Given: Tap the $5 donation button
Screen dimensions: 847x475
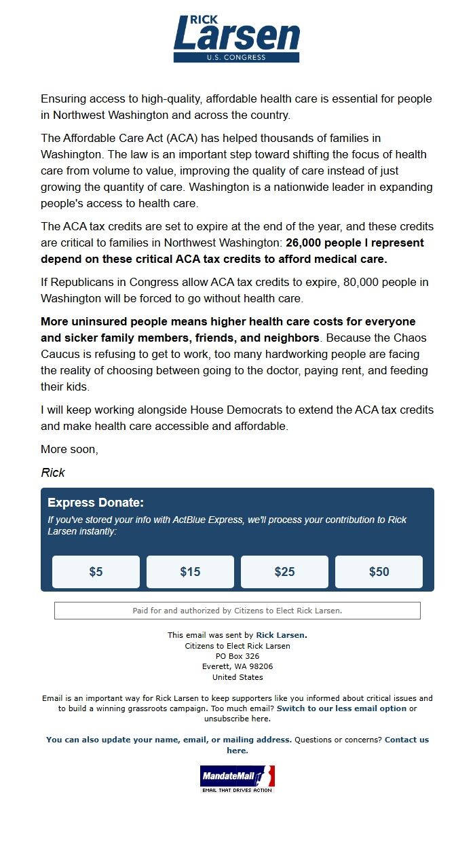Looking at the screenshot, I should pos(96,572).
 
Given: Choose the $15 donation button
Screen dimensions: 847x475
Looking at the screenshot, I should pos(190,572).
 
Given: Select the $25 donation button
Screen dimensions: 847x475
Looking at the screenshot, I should pos(284,572).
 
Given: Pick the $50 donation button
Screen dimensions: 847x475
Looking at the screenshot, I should pos(379,572).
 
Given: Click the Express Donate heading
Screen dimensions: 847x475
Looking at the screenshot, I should pos(96,503).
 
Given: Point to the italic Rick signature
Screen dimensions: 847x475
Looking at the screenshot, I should pos(53,473).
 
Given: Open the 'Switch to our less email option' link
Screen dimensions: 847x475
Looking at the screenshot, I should pos(341,708).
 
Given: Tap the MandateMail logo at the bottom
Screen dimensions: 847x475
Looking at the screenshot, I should pos(237,778).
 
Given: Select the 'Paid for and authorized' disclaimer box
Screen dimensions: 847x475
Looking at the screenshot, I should pos(237,611).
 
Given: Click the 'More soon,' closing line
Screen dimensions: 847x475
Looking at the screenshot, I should pos(69,450).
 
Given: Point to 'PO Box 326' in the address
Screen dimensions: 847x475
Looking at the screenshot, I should pos(237,656).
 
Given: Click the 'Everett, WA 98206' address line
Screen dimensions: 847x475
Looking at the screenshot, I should pos(237,666).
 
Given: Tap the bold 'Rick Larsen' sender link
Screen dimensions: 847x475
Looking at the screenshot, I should pos(280,635).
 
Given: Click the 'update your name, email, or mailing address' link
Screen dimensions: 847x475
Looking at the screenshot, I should pos(169,740).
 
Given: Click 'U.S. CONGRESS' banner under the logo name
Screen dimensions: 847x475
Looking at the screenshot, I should pos(236,57).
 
